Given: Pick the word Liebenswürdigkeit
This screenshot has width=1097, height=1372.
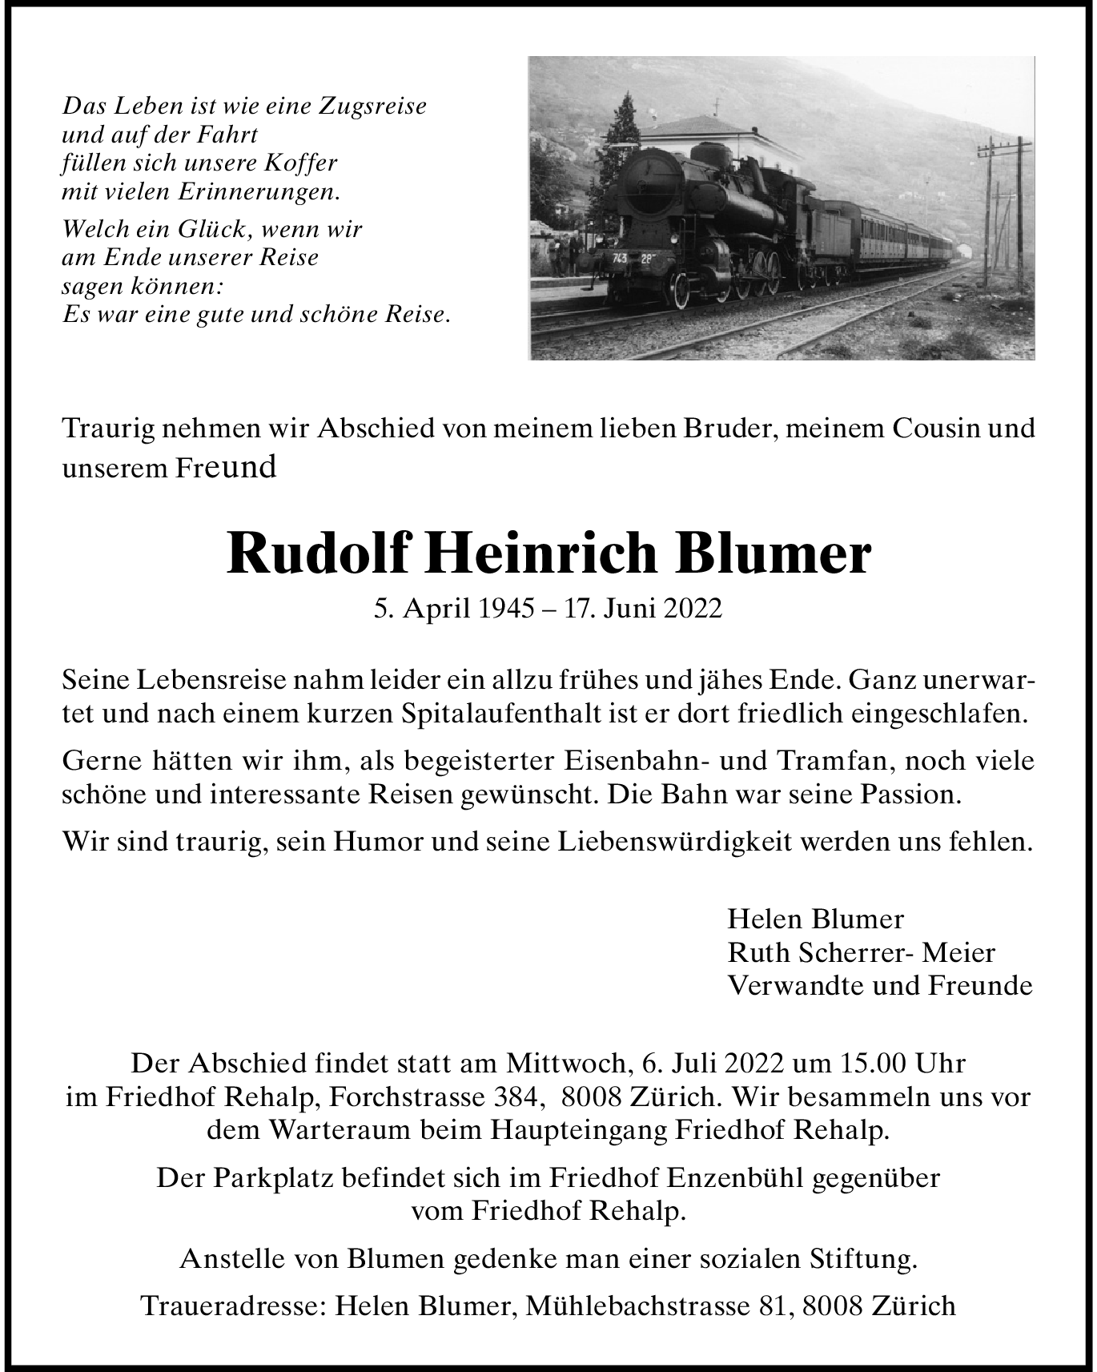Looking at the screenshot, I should pyautogui.click(x=677, y=842).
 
